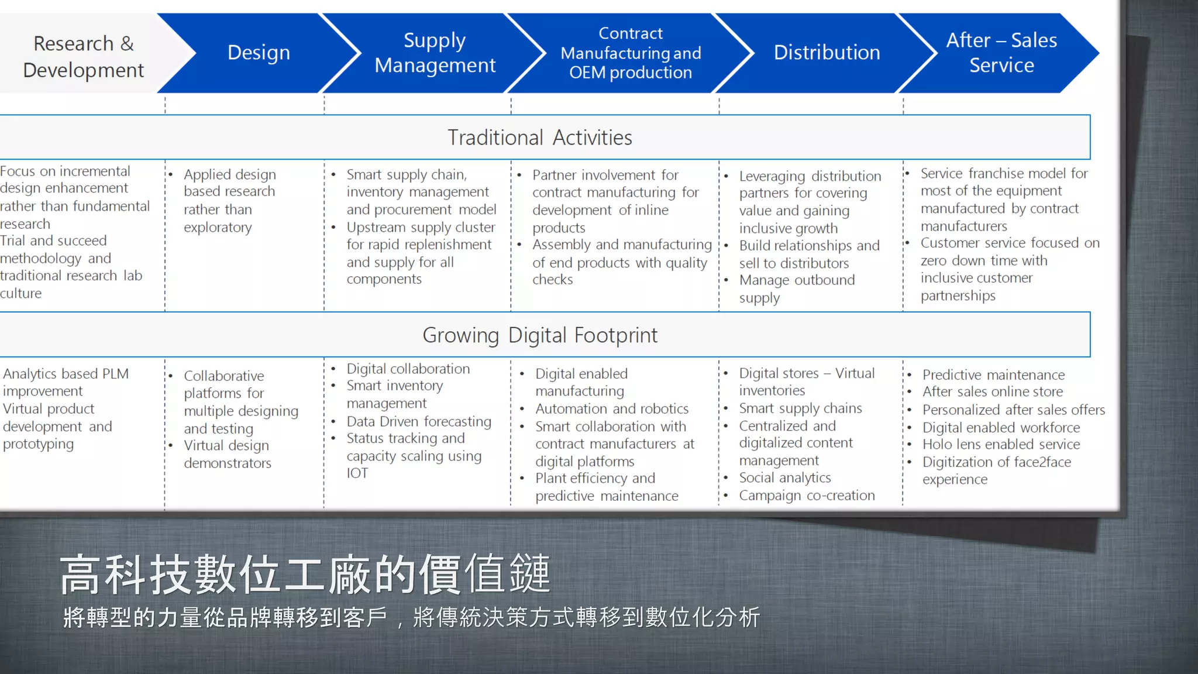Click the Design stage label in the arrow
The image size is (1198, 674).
tap(259, 53)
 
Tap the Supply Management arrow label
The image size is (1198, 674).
tap(435, 53)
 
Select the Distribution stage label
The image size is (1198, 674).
tap(827, 53)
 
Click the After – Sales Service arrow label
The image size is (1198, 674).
tap(1001, 53)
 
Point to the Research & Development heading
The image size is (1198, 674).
tap(83, 56)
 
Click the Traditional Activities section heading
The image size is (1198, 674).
tap(539, 137)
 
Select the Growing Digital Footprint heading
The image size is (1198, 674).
tap(539, 335)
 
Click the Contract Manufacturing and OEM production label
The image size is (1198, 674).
tap(631, 53)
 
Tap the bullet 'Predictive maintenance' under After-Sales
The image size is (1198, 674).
tap(993, 374)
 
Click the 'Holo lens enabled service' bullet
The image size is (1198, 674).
tap(1001, 445)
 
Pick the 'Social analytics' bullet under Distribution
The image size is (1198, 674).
tap(784, 478)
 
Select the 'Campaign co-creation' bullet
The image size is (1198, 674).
tap(807, 496)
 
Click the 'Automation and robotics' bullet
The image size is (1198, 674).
tap(612, 409)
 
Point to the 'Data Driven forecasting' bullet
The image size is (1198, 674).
tap(419, 421)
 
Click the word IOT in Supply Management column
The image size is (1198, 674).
tap(357, 473)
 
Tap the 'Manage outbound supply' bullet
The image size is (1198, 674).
tap(796, 289)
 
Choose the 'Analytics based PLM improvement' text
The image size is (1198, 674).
tap(66, 382)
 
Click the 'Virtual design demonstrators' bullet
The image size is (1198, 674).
tap(227, 454)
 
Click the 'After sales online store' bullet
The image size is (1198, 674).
tap(993, 392)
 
